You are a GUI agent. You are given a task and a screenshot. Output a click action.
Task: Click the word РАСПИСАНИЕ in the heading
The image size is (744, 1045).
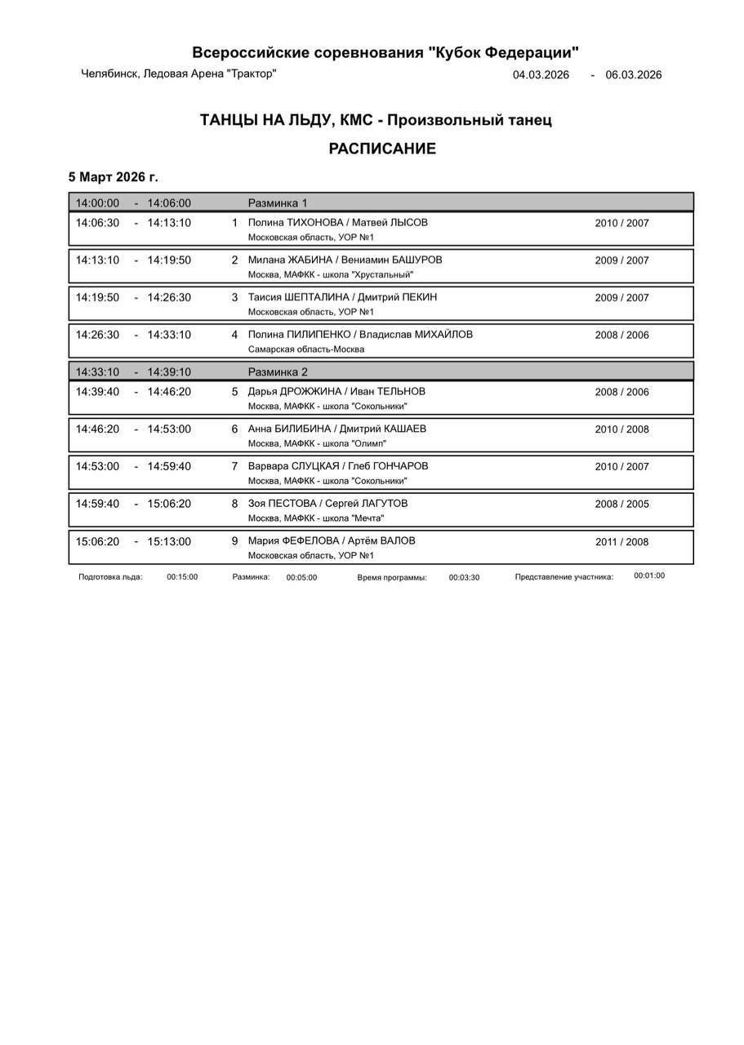[x=382, y=149]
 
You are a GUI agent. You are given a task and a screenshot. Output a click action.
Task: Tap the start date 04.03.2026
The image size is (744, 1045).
[x=541, y=75]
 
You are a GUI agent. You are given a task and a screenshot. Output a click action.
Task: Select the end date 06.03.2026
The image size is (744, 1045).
[x=634, y=75]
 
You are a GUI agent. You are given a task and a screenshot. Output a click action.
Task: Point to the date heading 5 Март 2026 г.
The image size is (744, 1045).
[x=114, y=177]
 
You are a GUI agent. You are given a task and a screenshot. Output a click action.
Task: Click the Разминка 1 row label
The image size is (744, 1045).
[x=278, y=203]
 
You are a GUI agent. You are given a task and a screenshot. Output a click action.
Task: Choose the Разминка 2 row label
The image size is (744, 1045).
[x=278, y=372]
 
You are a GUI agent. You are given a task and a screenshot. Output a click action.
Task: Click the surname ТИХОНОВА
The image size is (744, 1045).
[x=314, y=223]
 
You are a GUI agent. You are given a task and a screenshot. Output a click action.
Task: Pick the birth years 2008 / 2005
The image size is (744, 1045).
[x=622, y=505]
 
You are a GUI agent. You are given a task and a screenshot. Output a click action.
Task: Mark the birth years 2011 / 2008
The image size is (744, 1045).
[x=622, y=542]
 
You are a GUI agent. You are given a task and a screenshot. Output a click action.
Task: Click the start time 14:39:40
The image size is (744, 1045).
[x=97, y=392]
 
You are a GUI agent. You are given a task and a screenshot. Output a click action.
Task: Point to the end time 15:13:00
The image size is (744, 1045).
[x=169, y=542]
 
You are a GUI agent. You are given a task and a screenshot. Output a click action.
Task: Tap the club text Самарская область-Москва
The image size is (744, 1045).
[x=306, y=349]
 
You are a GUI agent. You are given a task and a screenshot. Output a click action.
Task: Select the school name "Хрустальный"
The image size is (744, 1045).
[x=382, y=275]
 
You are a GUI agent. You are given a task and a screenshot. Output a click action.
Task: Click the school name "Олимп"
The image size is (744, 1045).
[x=369, y=444]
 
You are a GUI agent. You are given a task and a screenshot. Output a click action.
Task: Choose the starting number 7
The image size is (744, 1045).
[x=234, y=467]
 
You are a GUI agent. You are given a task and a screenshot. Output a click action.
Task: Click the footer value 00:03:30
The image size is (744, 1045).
[x=464, y=577]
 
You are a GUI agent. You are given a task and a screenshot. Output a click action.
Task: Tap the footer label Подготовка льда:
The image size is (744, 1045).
[x=110, y=576]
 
